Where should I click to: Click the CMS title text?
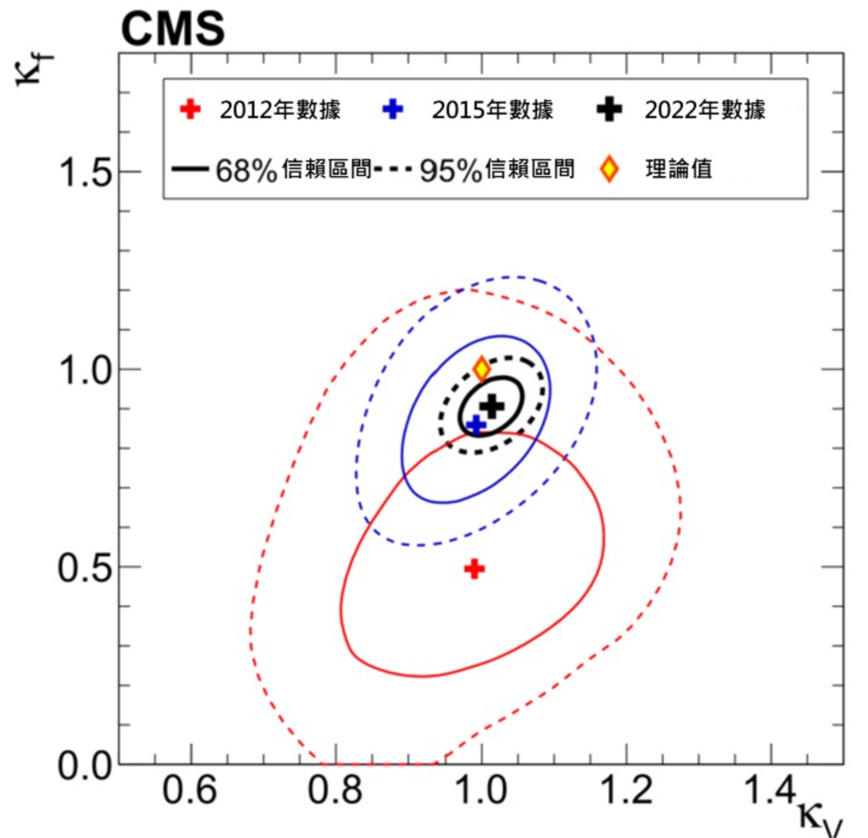click(x=173, y=28)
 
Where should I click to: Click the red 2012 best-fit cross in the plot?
click(x=474, y=569)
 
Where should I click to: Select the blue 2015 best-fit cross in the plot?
click(x=476, y=424)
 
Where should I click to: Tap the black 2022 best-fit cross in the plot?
click(x=492, y=406)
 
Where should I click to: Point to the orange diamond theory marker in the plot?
click(x=481, y=368)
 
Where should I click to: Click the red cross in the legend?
click(x=190, y=110)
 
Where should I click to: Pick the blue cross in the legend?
click(x=393, y=110)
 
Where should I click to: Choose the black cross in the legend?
click(x=609, y=110)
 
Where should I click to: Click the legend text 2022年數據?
click(x=705, y=110)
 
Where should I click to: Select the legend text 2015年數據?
click(x=492, y=110)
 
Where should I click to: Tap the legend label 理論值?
click(x=679, y=169)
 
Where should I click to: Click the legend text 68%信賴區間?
click(x=294, y=170)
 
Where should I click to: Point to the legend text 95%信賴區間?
click(x=497, y=170)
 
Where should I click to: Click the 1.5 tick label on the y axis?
click(x=85, y=172)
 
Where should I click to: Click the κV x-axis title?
click(x=820, y=817)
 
